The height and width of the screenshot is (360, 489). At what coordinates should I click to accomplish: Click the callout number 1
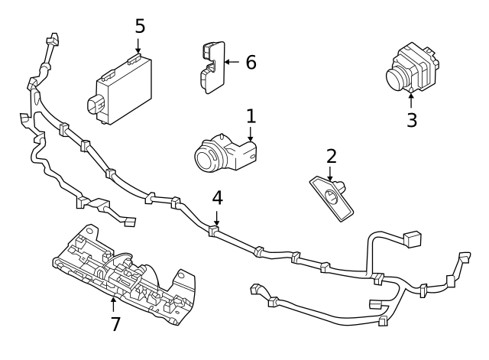coord(251,116)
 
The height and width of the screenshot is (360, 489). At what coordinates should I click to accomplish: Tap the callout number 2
coord(331,156)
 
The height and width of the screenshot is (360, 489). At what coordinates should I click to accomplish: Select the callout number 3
coord(412,120)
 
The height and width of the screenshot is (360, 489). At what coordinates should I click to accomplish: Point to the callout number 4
coord(217,196)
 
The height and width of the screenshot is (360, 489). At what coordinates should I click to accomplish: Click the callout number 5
coord(140,26)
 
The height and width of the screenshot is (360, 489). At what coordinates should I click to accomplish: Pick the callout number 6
coord(251,62)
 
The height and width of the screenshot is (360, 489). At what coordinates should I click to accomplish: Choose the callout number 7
coord(115,324)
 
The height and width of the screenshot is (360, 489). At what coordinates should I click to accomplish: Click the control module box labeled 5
coord(126,88)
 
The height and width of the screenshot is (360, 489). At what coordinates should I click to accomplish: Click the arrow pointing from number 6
coord(232,62)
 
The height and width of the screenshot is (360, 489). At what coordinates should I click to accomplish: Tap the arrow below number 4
coord(217,216)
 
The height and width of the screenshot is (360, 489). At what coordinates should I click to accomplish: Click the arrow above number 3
coord(412,99)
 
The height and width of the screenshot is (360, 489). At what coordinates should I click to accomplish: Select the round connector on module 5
coord(96,105)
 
